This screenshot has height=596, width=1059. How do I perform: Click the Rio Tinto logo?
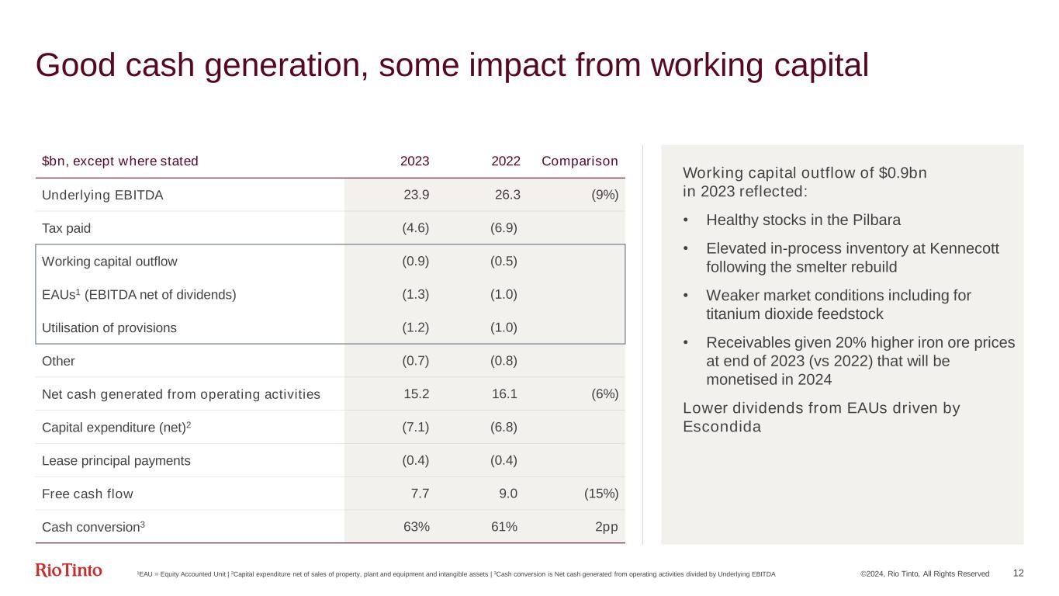(68, 571)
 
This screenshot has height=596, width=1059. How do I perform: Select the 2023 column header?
(414, 161)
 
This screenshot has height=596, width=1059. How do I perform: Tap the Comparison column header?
(580, 161)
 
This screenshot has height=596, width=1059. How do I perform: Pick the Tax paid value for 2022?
(504, 228)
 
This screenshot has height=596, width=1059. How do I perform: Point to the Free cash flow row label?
(88, 494)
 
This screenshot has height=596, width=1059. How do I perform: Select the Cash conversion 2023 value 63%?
(417, 527)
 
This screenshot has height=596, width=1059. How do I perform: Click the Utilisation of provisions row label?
(109, 327)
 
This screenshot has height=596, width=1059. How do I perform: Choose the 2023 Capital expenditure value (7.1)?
(415, 427)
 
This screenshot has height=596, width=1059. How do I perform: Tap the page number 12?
(1019, 573)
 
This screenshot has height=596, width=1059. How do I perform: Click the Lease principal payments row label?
(116, 460)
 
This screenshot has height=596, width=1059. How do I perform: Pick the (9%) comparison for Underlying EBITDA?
(604, 195)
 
